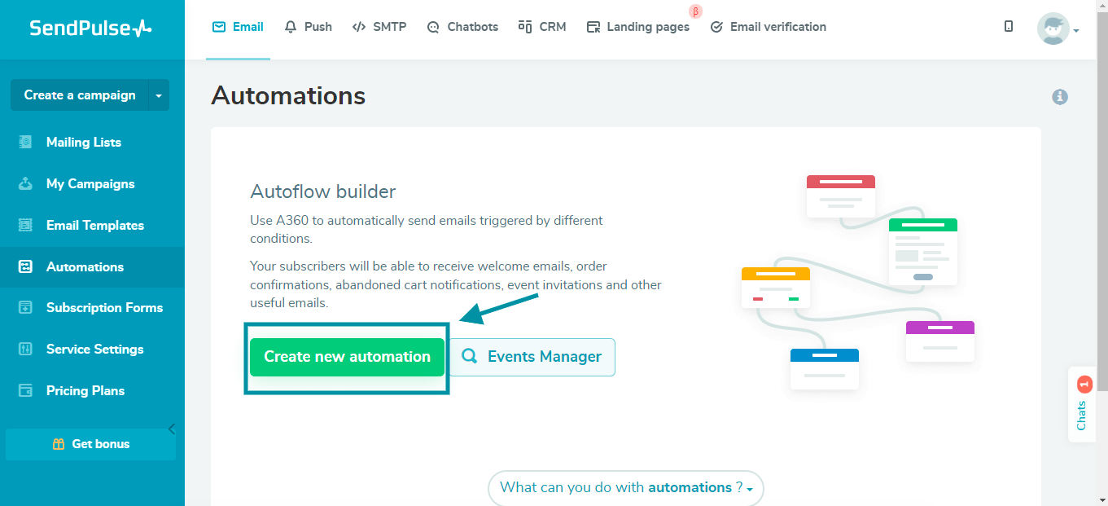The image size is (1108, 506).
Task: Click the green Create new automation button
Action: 347,357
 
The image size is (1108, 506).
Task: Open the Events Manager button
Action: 532,357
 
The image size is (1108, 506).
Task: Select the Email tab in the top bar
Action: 238,27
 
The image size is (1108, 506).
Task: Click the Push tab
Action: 308,27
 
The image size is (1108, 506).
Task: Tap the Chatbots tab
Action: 462,27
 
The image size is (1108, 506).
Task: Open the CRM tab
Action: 542,27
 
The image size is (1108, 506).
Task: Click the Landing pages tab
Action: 638,27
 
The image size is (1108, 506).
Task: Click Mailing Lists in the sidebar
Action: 83,142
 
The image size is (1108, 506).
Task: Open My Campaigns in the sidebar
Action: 90,183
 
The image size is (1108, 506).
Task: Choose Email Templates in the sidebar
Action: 94,225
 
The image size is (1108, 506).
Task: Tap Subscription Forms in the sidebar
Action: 104,307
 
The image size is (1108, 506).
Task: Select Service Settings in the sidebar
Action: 94,349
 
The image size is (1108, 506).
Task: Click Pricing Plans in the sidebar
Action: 85,390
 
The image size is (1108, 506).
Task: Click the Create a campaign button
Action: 79,95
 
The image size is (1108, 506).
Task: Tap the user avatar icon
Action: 1053,29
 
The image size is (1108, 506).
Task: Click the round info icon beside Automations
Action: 1059,97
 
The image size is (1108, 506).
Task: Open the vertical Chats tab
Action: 1082,405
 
